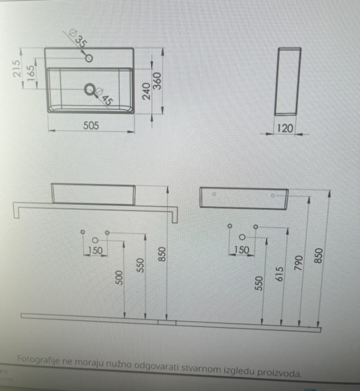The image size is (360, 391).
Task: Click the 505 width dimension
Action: point(91,126)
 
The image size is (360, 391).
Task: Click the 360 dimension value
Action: point(158,80)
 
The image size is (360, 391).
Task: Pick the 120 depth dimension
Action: point(286,129)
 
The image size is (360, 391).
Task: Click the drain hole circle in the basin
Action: point(89,89)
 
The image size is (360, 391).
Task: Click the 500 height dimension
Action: point(119,277)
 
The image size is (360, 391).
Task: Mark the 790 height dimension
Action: point(298,264)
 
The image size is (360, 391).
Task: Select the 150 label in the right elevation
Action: point(242,250)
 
